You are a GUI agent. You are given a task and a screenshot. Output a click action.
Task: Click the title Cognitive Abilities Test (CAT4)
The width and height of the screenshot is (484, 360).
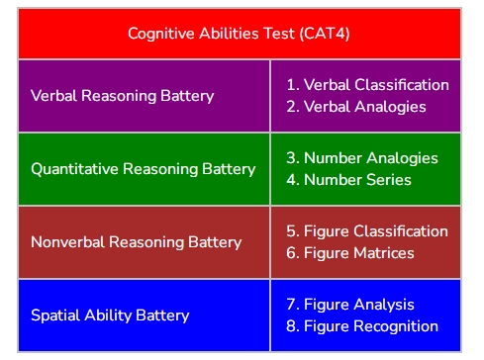(239, 34)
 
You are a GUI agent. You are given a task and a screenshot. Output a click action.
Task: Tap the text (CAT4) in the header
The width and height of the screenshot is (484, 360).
(327, 34)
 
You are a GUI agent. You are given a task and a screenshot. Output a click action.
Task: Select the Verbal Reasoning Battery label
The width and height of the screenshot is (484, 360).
(123, 96)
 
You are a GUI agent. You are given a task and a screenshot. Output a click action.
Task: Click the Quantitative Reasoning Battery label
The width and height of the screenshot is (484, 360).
(144, 169)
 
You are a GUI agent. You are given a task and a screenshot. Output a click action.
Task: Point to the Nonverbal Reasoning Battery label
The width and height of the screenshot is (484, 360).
(137, 242)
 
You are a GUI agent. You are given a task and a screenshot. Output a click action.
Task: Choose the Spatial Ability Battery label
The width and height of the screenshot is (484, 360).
(110, 315)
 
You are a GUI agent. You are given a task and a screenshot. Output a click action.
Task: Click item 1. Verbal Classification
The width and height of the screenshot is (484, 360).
(367, 85)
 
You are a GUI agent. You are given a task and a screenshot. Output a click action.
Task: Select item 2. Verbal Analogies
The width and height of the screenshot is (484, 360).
(355, 107)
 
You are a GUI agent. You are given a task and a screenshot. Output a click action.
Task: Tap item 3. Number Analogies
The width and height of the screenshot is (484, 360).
(361, 158)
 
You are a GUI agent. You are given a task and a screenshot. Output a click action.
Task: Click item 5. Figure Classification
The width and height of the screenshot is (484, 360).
(367, 231)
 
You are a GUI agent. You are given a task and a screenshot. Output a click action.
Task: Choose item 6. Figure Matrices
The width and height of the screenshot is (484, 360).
(349, 253)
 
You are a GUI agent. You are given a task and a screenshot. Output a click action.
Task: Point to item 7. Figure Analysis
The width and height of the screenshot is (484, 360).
(350, 305)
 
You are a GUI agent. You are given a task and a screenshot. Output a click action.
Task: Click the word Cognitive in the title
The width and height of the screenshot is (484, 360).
(160, 34)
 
